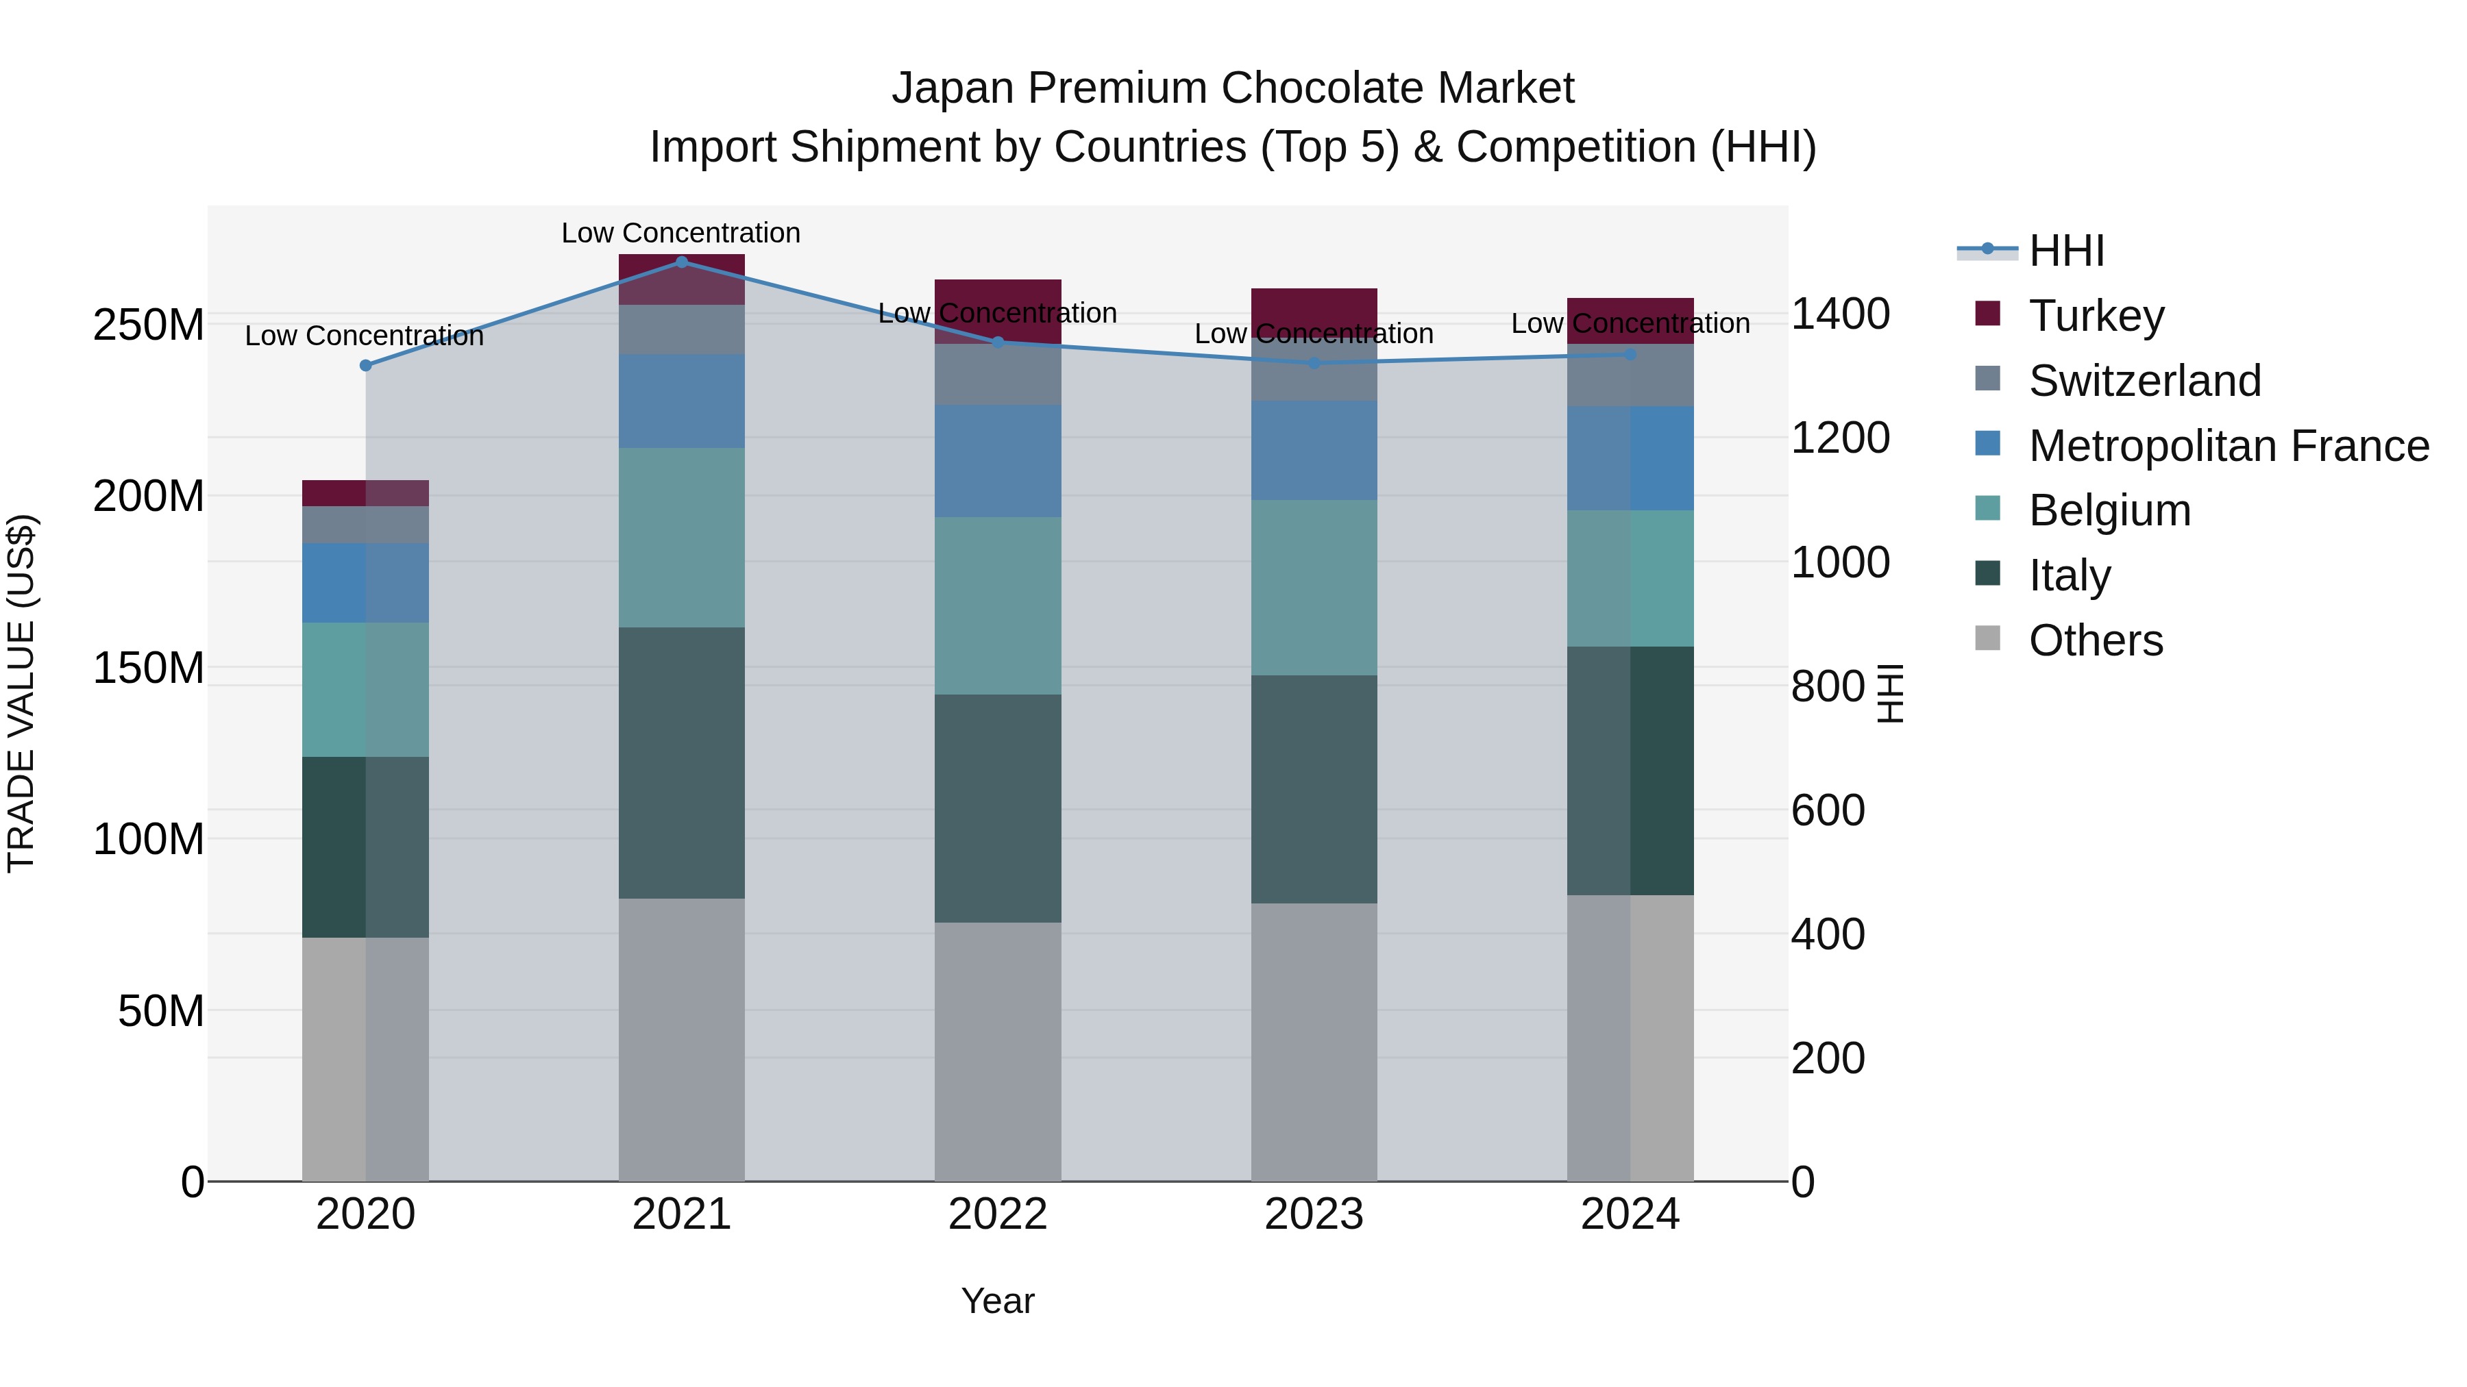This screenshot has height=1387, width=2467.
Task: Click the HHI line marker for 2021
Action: click(x=682, y=262)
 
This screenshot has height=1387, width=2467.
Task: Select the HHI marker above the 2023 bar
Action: click(x=1314, y=364)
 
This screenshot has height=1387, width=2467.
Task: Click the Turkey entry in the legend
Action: click(x=2096, y=316)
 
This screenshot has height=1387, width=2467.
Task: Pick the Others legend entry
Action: click(x=2096, y=640)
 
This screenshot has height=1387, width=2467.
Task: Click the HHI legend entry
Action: click(x=2065, y=251)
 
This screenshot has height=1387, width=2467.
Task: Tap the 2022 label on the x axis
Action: click(x=997, y=1214)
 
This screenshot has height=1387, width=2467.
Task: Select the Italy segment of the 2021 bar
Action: click(x=682, y=763)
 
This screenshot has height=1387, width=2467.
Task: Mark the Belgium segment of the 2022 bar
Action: click(x=997, y=606)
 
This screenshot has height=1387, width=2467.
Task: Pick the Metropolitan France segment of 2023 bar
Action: click(x=1314, y=450)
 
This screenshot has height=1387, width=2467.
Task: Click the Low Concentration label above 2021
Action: click(x=681, y=234)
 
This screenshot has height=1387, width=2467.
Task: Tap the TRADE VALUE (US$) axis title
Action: click(x=21, y=693)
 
